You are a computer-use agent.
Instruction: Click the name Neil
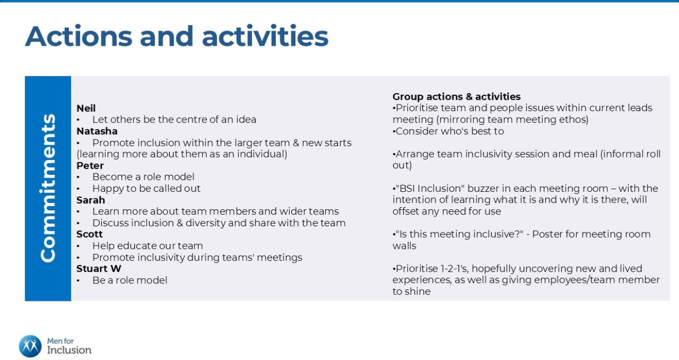coord(86,108)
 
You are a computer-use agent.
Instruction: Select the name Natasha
coord(97,131)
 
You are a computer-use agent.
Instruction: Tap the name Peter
coord(90,166)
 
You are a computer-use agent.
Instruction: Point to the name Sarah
coord(91,200)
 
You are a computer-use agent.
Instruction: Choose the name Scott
coord(90,234)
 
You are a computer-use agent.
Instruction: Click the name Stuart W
coord(99,269)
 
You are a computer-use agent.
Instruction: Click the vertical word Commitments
coord(48,188)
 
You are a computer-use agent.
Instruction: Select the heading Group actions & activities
coord(456,97)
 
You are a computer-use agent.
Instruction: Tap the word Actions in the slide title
coord(79,37)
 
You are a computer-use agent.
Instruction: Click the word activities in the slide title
coord(265,37)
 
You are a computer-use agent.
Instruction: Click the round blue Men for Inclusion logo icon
coord(30,346)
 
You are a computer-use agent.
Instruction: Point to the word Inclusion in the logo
coord(69,350)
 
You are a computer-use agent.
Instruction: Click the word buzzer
coord(483,189)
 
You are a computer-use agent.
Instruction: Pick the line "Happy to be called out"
coord(146,189)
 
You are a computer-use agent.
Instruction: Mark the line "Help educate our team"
coord(148,246)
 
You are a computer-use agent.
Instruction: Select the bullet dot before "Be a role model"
coord(78,281)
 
